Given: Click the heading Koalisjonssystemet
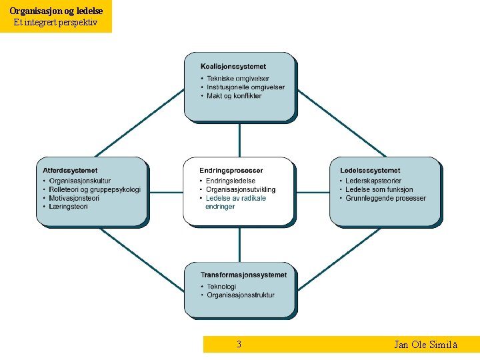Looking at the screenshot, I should coord(233,67).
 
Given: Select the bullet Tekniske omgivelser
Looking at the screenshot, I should coord(238,79).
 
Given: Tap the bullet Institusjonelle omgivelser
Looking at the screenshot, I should coord(245,87).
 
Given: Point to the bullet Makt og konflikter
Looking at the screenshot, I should coord(234,96).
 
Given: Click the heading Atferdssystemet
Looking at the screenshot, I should coord(70,171).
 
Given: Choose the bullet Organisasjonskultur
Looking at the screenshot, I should coord(80,181).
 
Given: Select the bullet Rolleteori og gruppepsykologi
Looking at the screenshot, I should coord(95,189).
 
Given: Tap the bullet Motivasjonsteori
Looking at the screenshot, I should coord(74,198).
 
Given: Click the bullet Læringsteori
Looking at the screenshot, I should coord(69,207).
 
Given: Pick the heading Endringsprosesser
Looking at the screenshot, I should coord(231,171).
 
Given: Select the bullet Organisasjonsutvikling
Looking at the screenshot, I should coord(241,189).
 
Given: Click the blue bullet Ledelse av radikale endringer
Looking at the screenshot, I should coord(236,202).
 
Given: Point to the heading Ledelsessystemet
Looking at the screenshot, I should coord(370,171).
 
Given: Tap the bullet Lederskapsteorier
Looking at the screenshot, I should coord(373,181).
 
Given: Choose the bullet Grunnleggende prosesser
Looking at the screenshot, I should coord(385,198).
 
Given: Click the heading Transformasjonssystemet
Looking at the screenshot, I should coord(244,275).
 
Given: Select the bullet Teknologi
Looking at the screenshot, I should coord(221,287).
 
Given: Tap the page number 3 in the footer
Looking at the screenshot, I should coord(239,345).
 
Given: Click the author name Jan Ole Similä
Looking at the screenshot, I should coord(425,345).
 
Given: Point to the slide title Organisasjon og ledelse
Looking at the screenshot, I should coord(56,11).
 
